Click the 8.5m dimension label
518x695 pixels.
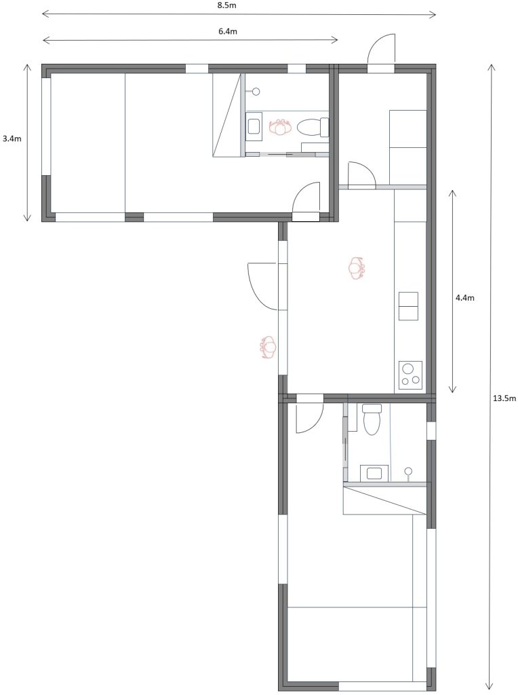226,5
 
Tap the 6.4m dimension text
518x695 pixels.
228,31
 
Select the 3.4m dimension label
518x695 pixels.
12,138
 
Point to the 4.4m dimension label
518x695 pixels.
465,298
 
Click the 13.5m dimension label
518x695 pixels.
504,398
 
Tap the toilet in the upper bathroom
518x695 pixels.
312,127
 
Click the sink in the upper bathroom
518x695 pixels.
254,126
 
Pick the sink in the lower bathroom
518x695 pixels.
374,473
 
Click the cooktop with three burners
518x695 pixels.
410,375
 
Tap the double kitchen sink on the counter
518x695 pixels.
408,306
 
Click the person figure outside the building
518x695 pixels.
268,347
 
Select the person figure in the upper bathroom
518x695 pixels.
279,128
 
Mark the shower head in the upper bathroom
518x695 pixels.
256,92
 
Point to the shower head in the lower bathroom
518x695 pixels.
408,472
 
